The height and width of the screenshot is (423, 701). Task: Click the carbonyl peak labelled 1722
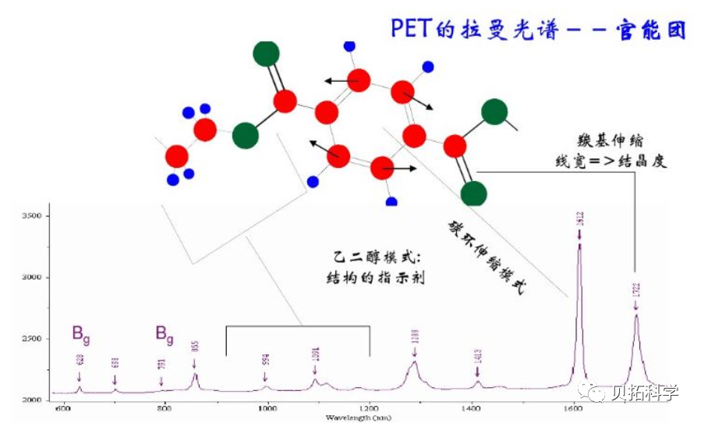[636, 316]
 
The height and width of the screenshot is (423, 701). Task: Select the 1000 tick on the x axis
[267, 407]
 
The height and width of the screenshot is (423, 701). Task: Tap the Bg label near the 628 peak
[81, 333]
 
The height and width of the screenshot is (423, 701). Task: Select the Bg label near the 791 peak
[165, 334]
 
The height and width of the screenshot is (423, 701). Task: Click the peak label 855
[195, 347]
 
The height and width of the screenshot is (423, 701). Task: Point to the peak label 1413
[476, 357]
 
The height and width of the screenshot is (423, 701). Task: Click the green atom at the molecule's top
[266, 53]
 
